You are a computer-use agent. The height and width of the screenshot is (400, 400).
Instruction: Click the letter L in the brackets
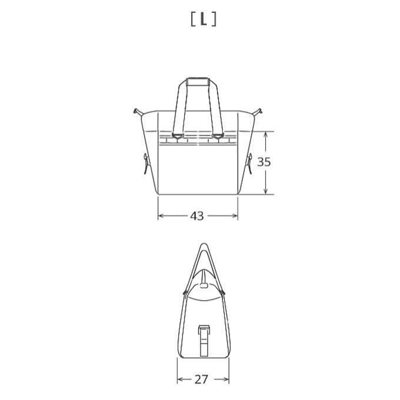(204, 19)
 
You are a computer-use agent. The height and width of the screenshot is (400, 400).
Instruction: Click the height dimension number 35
(264, 162)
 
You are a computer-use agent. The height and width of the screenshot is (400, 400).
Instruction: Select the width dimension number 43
(197, 216)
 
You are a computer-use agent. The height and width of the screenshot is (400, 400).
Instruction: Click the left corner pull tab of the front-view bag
(138, 112)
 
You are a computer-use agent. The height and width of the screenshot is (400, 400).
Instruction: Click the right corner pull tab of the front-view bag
(258, 112)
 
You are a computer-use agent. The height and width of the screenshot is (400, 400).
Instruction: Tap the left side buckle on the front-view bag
(146, 164)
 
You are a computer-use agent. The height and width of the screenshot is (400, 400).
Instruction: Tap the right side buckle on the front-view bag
(249, 164)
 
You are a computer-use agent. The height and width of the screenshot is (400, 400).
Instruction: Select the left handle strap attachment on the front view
(178, 136)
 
